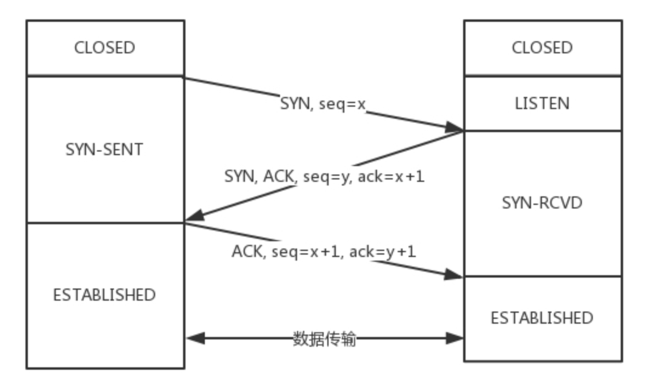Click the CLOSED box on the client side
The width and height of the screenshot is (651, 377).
104,48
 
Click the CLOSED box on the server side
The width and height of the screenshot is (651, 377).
542,48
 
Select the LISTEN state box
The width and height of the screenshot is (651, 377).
542,103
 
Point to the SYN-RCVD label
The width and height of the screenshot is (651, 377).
542,202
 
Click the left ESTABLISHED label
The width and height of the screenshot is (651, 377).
104,295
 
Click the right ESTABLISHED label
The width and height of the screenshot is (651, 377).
542,318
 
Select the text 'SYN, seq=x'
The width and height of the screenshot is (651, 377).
323,104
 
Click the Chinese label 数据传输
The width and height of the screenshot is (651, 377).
324,338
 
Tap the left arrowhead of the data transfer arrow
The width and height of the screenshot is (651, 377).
195,338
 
